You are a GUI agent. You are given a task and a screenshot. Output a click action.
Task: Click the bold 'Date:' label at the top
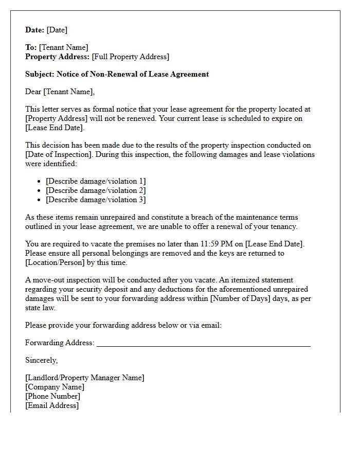tap(35, 30)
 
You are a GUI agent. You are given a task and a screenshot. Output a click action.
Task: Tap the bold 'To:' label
tap(31, 47)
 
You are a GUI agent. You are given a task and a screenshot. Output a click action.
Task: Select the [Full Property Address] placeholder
tap(130, 57)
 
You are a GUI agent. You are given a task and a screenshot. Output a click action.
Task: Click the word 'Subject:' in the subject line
tap(40, 74)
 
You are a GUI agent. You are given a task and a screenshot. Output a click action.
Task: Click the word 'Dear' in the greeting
tap(33, 92)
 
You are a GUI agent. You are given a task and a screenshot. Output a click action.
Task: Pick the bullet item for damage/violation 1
tap(96, 181)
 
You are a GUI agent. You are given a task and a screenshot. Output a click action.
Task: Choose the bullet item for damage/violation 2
tap(96, 190)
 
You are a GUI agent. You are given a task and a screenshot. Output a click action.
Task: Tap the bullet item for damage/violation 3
tap(96, 200)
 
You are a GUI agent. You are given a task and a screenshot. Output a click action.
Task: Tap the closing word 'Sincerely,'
tap(41, 360)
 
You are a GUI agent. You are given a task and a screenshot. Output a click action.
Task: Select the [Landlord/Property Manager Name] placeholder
tap(85, 378)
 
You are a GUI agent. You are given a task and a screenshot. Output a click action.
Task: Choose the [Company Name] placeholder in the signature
tap(55, 387)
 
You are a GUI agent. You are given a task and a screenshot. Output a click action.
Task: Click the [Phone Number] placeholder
tap(52, 396)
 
